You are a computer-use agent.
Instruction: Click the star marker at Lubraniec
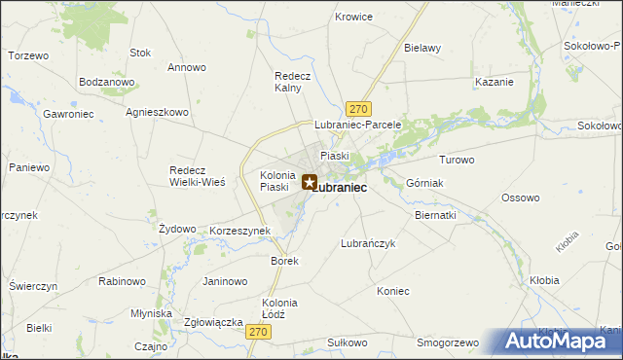310,182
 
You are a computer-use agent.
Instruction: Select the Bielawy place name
422,48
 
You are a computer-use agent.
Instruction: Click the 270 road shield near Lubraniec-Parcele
359,108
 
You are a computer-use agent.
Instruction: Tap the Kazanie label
494,82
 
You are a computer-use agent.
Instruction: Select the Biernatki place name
435,214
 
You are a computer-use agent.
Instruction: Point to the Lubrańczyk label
368,244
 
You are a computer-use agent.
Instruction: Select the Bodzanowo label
106,83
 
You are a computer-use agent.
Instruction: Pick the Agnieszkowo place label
157,112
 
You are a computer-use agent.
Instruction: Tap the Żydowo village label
177,229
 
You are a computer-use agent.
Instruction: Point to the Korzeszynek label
239,232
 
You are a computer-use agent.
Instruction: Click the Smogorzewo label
449,343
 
